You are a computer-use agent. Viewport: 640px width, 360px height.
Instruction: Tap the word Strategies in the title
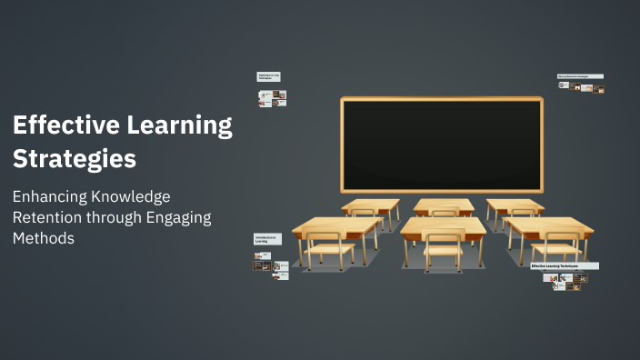click(75, 159)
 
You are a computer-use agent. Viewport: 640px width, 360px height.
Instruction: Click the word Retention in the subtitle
click(45, 217)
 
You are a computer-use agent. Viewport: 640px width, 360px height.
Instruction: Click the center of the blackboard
click(441, 144)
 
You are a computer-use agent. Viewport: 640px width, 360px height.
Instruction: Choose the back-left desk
click(371, 205)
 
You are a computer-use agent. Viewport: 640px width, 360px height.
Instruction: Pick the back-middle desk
click(444, 205)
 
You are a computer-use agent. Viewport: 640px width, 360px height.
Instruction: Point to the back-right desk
click(515, 205)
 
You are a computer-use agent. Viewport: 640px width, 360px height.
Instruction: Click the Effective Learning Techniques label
click(564, 265)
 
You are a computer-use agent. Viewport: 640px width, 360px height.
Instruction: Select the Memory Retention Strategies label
click(580, 76)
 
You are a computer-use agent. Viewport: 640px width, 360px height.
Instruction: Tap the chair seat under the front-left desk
click(328, 247)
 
